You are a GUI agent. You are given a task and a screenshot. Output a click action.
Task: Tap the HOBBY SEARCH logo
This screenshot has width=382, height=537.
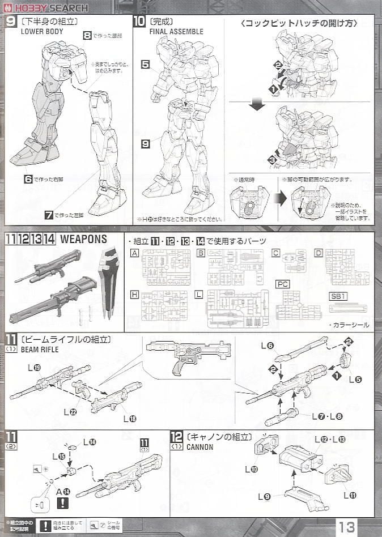coord(48,7)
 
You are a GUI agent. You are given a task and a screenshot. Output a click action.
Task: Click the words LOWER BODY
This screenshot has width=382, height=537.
coord(42,32)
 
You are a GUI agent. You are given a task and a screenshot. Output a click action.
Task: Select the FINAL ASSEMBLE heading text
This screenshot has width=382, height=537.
coord(176,32)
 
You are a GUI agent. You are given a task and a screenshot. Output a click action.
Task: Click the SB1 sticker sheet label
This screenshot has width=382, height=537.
coord(338,296)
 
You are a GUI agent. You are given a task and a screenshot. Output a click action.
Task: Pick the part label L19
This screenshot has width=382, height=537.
coord(34,368)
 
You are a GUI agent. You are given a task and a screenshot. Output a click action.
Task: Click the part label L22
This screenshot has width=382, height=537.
coord(70,412)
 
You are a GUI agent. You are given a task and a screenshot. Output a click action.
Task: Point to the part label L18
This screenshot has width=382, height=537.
coord(129,419)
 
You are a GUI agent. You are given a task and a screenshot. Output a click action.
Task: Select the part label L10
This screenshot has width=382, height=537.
coord(251,469)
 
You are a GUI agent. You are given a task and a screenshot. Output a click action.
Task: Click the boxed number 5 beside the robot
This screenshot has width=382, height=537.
coord(146,65)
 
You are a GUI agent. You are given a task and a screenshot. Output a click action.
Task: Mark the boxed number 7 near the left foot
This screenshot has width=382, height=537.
coord(49,215)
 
